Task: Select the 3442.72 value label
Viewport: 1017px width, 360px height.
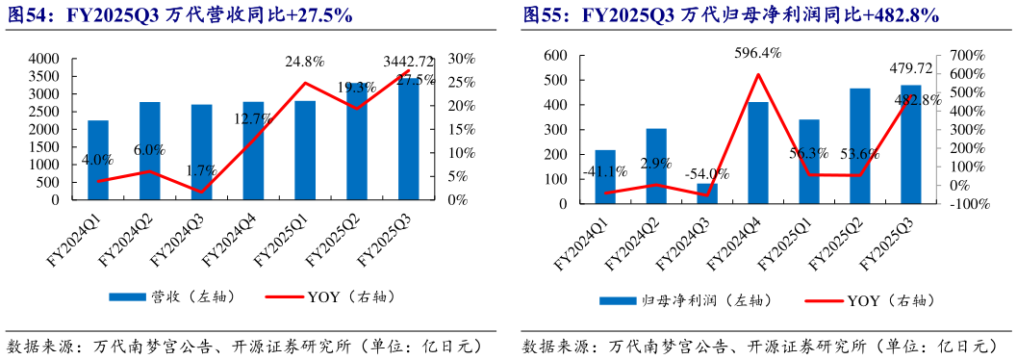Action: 408,62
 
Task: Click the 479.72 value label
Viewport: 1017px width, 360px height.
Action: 909,68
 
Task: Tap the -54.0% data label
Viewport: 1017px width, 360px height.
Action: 706,173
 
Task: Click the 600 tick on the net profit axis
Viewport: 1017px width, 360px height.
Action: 557,56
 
